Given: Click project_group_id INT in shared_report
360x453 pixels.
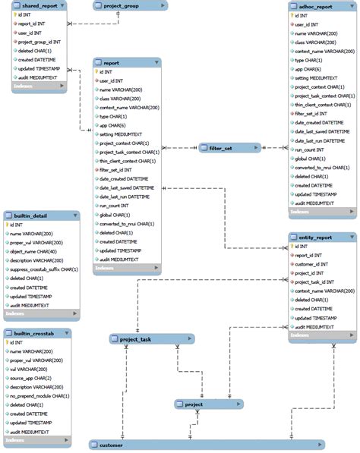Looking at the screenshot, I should tap(40, 42).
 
